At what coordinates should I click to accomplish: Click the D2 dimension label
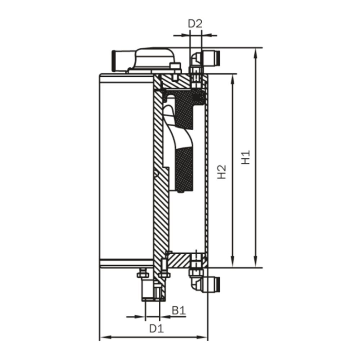pos(195,24)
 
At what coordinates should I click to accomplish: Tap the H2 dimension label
pos(222,172)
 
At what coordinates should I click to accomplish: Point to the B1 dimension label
pos(178,310)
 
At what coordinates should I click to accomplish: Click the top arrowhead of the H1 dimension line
pos(256,52)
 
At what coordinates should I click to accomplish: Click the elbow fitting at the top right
pos(205,58)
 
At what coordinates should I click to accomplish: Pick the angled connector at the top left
pos(120,61)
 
